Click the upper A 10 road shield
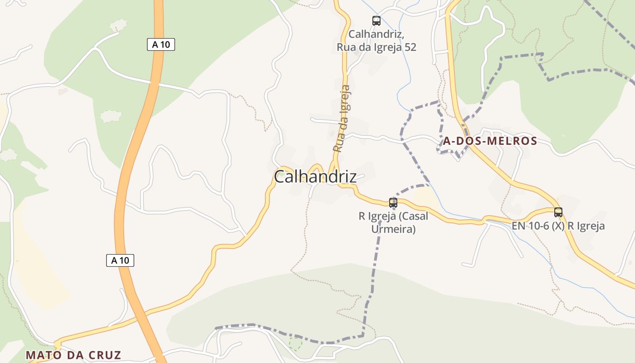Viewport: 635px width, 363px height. coord(161,44)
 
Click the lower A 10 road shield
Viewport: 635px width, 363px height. coord(120,260)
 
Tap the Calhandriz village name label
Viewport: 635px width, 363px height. coord(315,177)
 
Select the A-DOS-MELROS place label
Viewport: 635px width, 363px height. coord(490,141)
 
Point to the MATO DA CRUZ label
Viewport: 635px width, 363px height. coord(73,355)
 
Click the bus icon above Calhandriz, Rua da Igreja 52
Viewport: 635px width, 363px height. coord(376,20)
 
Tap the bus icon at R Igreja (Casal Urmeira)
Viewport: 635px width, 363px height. coord(393,203)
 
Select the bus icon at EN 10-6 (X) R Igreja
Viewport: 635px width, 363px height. coord(558,212)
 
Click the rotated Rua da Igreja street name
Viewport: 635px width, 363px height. coord(342,119)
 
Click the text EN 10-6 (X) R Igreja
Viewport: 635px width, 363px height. coord(558,226)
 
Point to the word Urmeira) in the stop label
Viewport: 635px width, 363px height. coord(393,229)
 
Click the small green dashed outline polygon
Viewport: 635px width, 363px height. coord(295,343)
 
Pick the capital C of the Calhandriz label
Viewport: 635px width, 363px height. coord(280,177)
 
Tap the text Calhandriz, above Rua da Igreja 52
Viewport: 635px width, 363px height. coord(376,34)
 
